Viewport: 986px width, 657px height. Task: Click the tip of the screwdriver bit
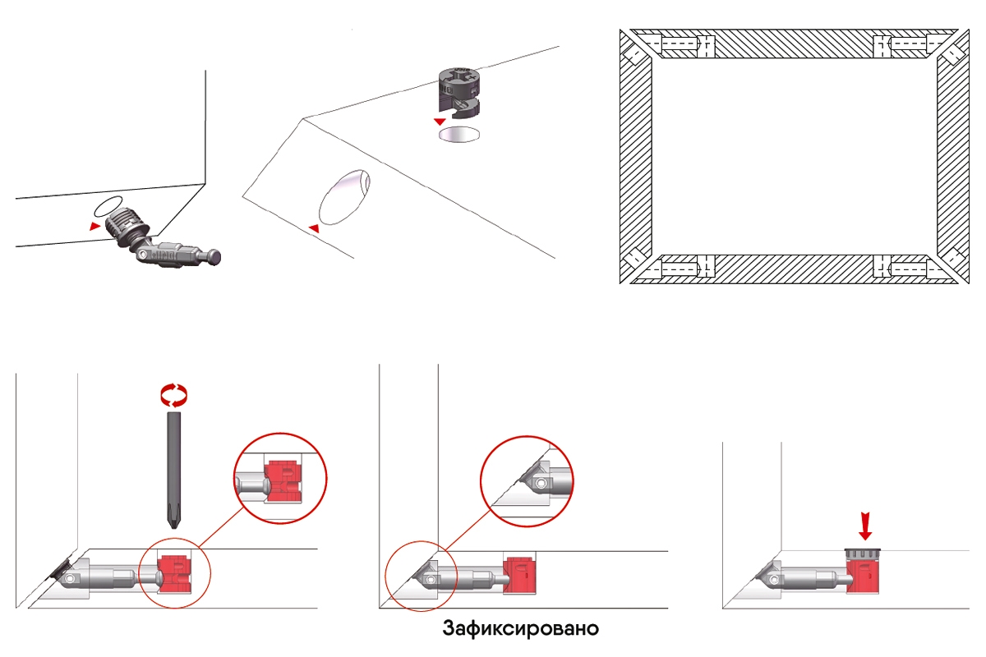tap(174, 529)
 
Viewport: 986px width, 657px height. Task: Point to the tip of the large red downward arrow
tap(865, 540)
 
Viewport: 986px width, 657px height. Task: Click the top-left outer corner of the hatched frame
tap(620, 30)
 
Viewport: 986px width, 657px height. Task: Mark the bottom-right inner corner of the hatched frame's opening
tap(936, 255)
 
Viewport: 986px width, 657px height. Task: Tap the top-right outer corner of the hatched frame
tap(969, 30)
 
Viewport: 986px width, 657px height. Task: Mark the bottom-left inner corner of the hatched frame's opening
tap(652, 255)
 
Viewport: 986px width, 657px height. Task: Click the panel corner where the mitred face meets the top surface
tap(303, 118)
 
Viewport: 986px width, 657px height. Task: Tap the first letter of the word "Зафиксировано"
tap(448, 628)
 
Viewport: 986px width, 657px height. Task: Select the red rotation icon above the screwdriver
tap(174, 395)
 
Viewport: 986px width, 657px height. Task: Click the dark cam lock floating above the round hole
tap(458, 94)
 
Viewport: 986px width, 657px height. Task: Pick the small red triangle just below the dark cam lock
tap(440, 122)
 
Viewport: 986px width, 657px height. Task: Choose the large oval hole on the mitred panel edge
tap(344, 197)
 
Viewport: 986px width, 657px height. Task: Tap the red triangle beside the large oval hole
tap(314, 228)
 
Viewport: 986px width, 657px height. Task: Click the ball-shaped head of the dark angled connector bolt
tap(214, 256)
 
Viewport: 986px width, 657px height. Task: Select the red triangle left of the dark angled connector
tap(94, 226)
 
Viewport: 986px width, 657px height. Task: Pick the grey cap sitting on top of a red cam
tap(863, 554)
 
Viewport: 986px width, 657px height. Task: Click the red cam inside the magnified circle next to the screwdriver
tap(284, 481)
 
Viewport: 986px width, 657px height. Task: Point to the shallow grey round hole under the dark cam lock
tap(459, 134)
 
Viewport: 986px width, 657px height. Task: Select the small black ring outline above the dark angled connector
tap(107, 206)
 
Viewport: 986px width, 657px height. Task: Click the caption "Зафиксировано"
tap(521, 628)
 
